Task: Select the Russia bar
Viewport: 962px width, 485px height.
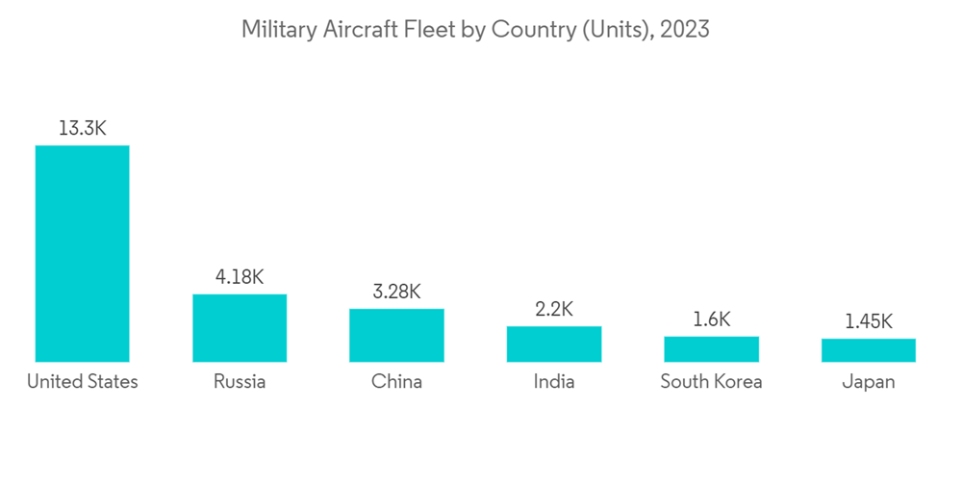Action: click(x=240, y=328)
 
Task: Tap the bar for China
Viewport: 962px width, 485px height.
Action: click(x=396, y=336)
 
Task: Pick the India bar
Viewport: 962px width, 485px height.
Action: click(x=554, y=345)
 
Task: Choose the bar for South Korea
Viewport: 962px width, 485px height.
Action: click(x=711, y=349)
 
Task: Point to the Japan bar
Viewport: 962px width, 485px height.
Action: click(x=868, y=350)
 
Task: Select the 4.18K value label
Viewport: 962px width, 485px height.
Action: click(x=240, y=277)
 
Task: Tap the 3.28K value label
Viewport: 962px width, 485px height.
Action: click(x=396, y=292)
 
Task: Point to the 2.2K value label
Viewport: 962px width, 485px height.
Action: click(x=554, y=309)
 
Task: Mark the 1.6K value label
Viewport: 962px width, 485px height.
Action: click(x=711, y=319)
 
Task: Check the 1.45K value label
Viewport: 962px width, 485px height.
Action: click(x=868, y=321)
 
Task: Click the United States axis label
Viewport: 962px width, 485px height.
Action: click(x=82, y=382)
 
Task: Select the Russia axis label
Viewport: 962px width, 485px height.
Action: click(x=240, y=382)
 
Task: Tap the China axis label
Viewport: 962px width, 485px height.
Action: click(x=396, y=382)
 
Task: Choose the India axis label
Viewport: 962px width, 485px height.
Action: click(x=554, y=382)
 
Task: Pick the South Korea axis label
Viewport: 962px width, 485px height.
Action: click(x=711, y=382)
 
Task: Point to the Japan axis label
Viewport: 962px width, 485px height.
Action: click(x=868, y=382)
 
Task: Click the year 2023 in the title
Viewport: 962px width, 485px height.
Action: click(x=684, y=30)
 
